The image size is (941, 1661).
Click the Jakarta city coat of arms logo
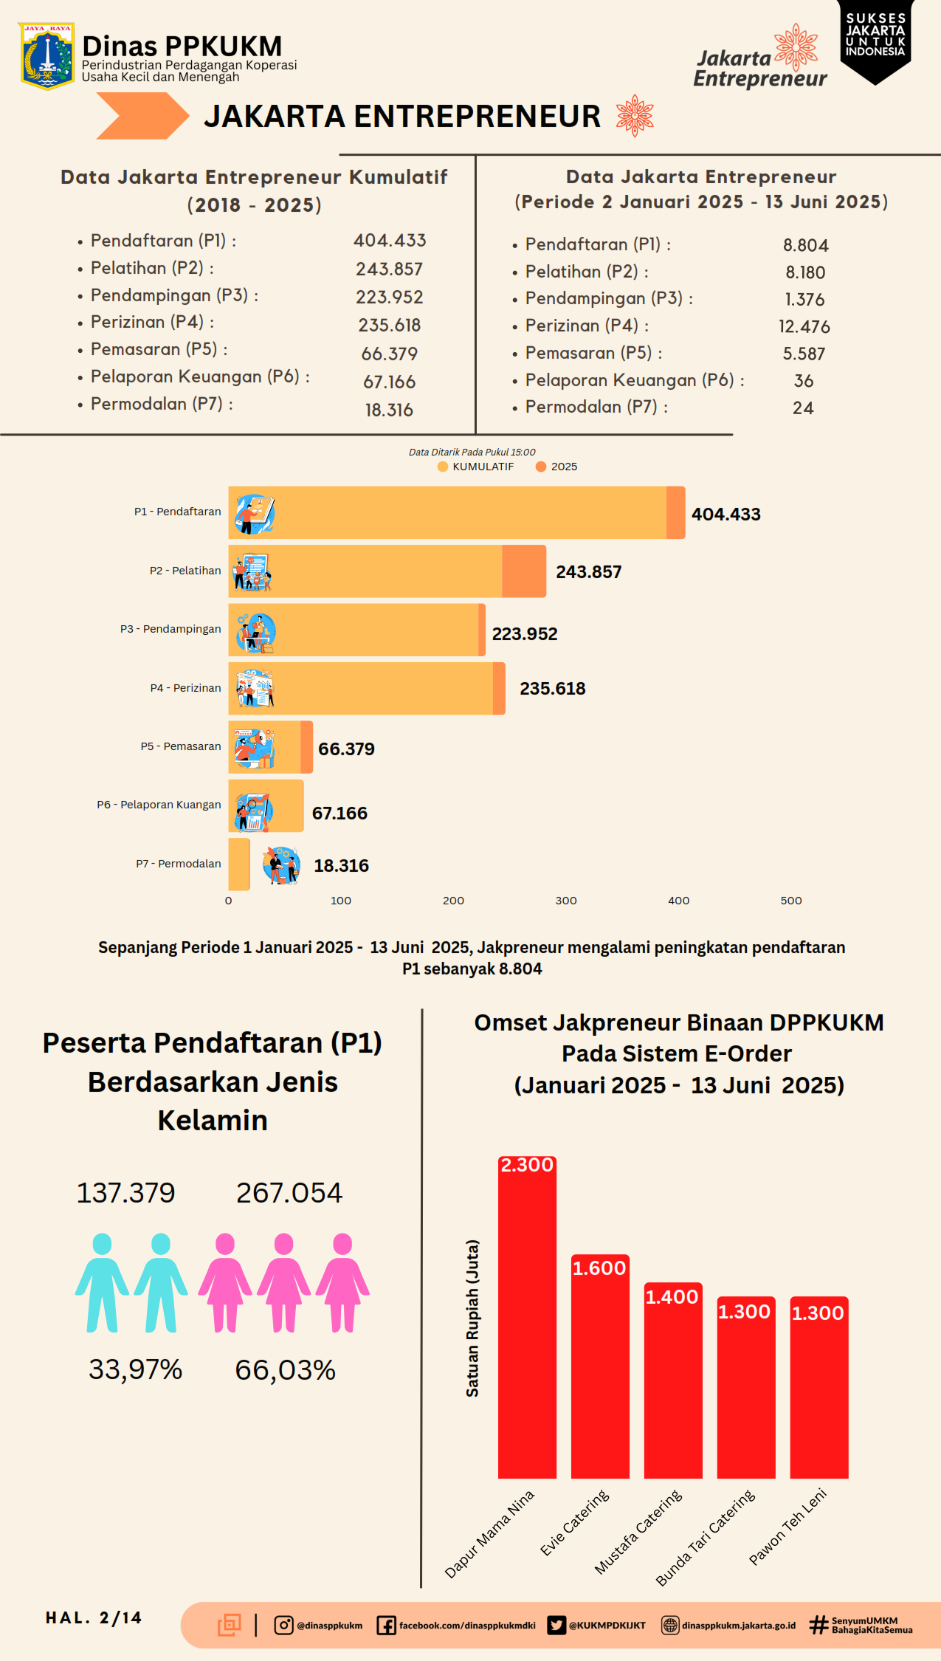click(46, 56)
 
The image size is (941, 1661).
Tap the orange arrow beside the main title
click(142, 116)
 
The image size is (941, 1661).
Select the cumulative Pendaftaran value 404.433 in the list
click(390, 241)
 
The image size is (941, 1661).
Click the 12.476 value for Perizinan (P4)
click(804, 326)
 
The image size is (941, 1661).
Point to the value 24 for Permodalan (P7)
click(803, 408)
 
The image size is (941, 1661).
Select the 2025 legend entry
click(556, 467)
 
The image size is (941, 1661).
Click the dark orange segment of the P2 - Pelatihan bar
click(524, 571)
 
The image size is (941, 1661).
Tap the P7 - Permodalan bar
click(239, 864)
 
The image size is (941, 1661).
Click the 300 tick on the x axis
click(566, 901)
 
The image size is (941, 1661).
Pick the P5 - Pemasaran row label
click(181, 746)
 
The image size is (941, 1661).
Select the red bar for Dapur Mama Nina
click(527, 1317)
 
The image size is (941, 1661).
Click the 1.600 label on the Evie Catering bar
click(599, 1268)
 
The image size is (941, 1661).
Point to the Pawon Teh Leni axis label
click(787, 1527)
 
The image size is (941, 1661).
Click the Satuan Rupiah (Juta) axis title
click(472, 1318)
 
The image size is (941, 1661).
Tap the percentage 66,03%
click(286, 1370)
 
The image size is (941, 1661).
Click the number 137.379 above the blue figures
click(126, 1193)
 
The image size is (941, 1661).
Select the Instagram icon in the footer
click(283, 1625)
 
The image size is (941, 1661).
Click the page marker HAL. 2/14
click(94, 1618)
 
